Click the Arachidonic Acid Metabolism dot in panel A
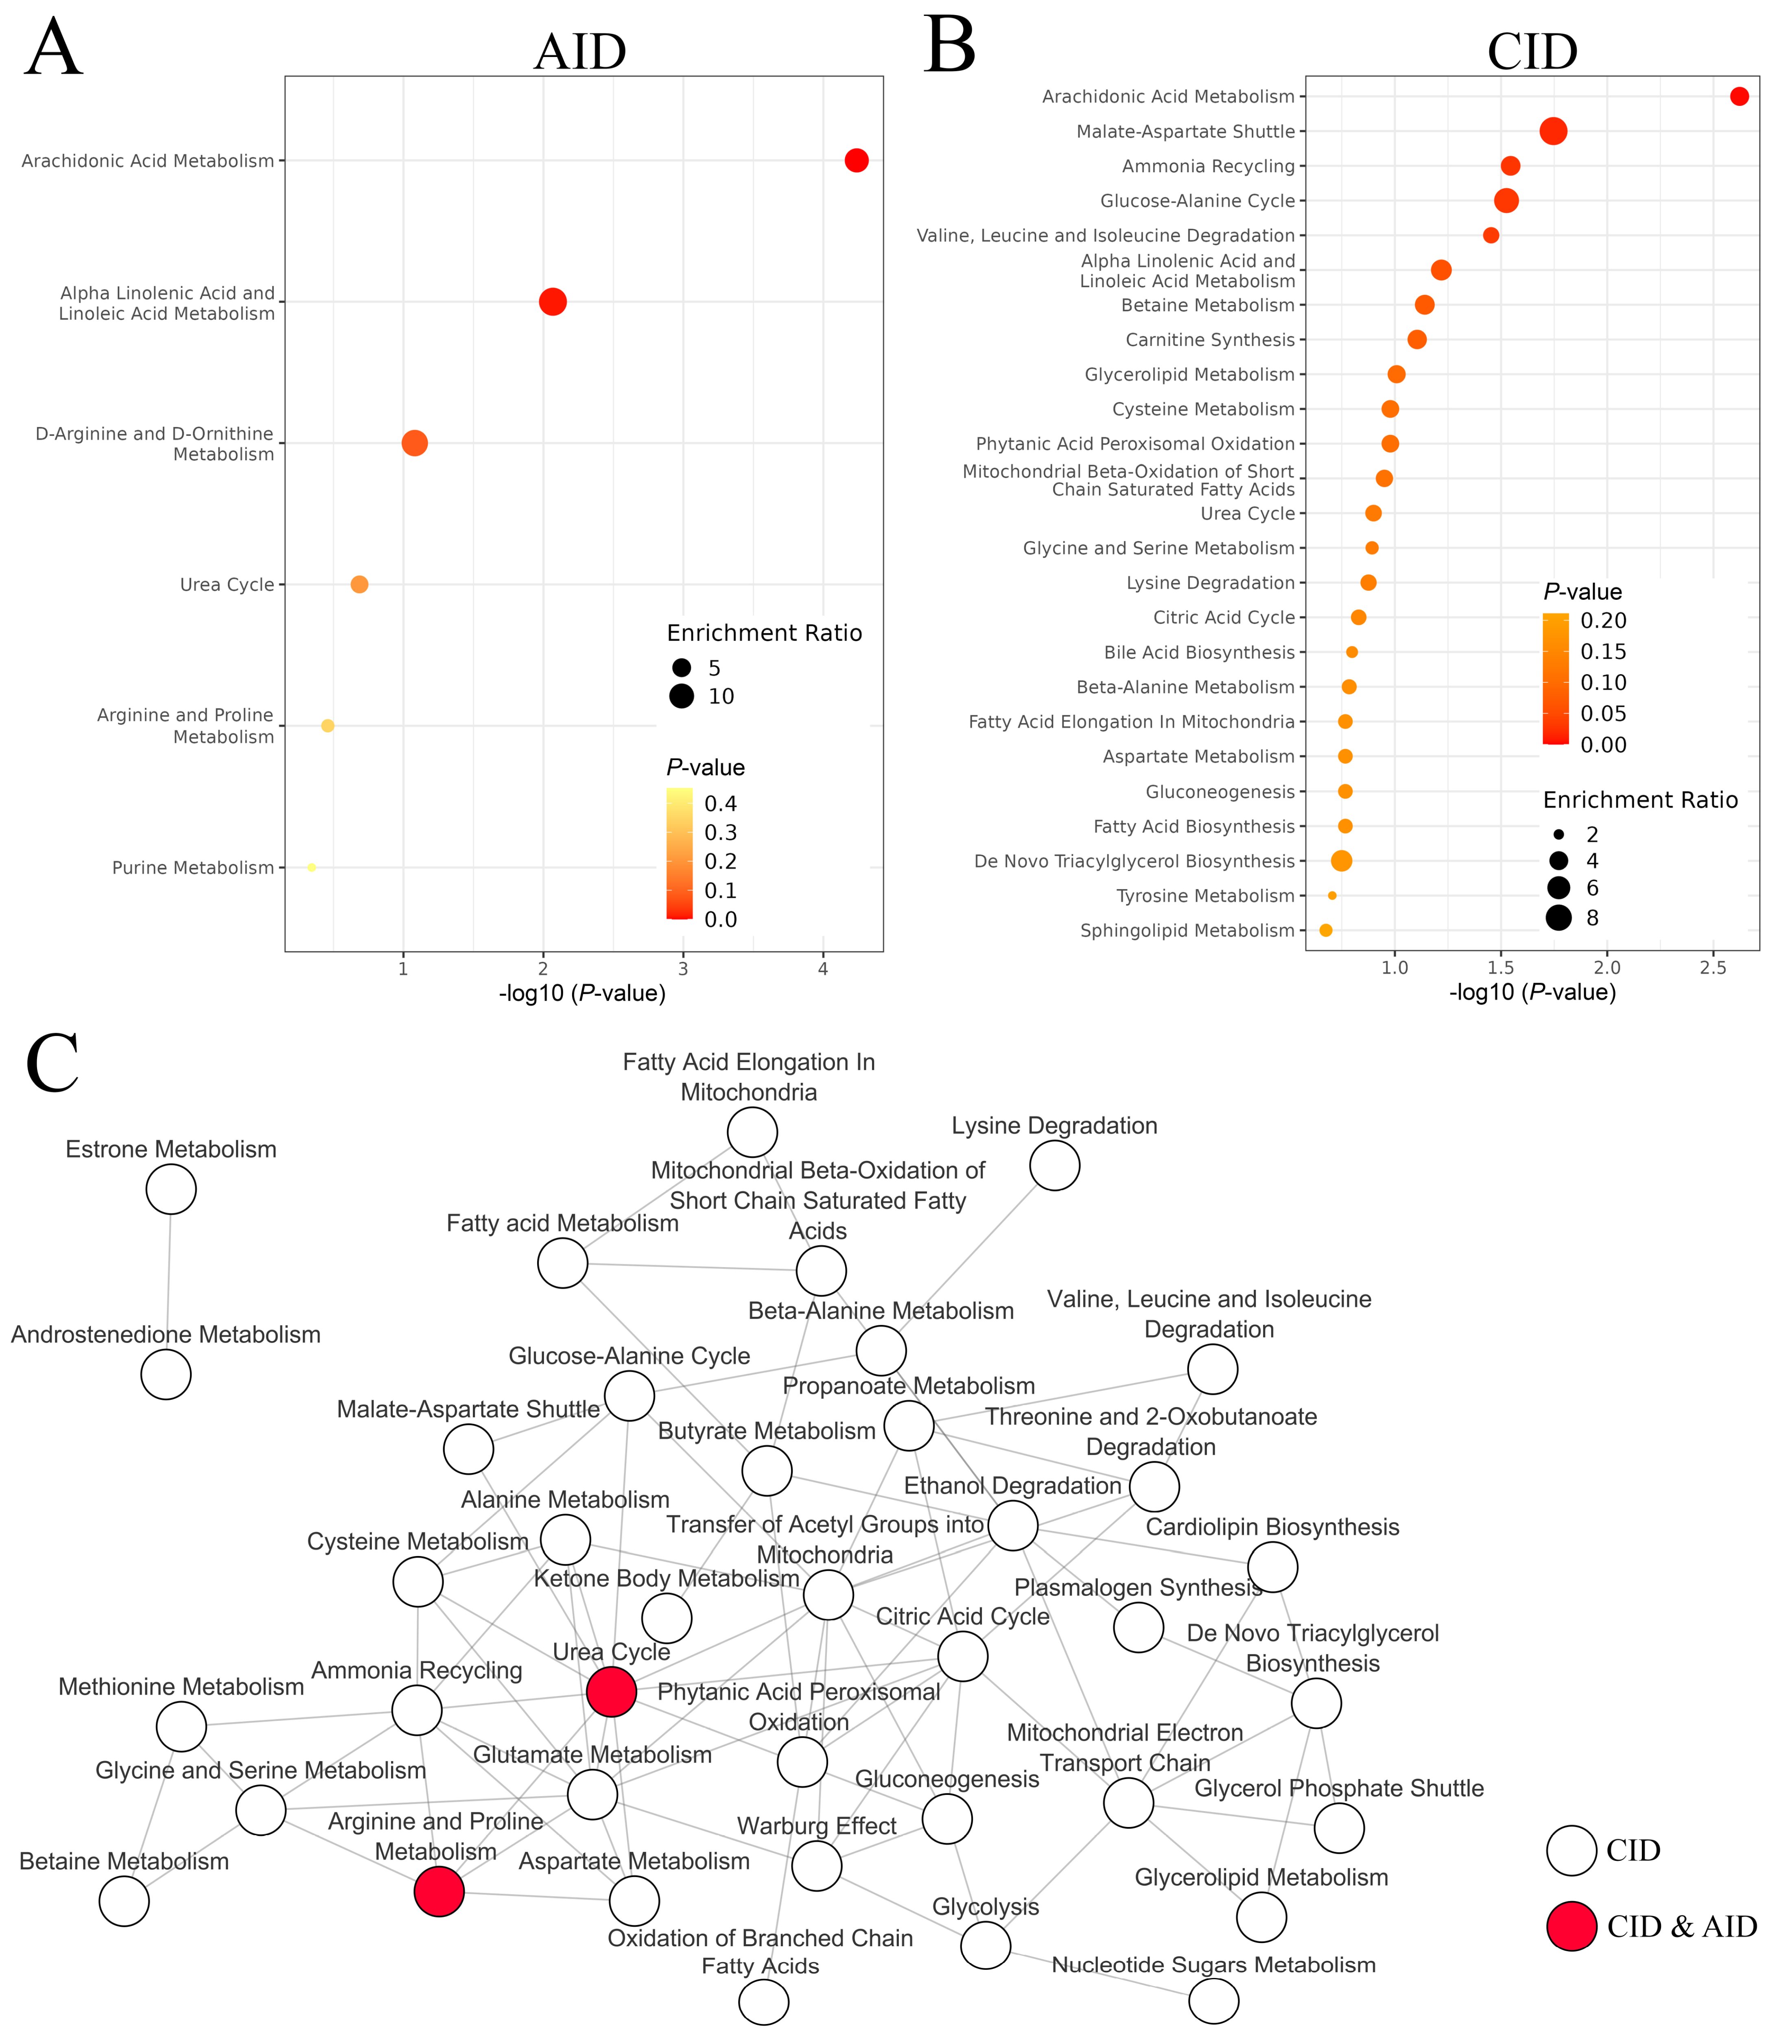pyautogui.click(x=856, y=160)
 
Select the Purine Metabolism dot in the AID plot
pyautogui.click(x=312, y=868)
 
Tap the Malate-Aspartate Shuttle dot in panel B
pyautogui.click(x=1553, y=131)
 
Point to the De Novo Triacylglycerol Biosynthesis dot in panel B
pyautogui.click(x=1342, y=861)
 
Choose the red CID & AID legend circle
pyautogui.click(x=1572, y=1926)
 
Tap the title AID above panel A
pyautogui.click(x=580, y=52)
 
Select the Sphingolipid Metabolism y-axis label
pyautogui.click(x=1187, y=931)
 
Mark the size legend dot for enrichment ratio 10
pyautogui.click(x=682, y=697)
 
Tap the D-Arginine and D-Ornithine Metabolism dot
pyautogui.click(x=415, y=444)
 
